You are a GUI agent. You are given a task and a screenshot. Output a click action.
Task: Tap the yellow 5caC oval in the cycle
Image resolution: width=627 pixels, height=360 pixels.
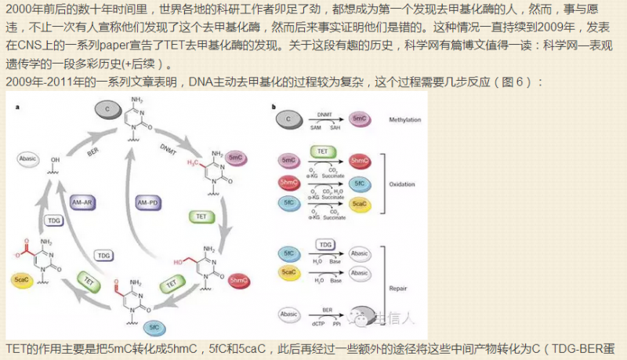[x=22, y=279]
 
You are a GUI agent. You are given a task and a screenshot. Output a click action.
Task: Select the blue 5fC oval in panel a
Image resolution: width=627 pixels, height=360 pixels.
[x=154, y=326]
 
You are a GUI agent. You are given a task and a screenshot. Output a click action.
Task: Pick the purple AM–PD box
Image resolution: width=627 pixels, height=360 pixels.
[x=148, y=202]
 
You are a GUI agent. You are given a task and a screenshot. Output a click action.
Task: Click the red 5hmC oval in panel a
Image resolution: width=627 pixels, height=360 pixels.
[x=239, y=280]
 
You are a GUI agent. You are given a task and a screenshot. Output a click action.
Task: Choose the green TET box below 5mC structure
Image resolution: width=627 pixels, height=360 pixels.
[x=201, y=216]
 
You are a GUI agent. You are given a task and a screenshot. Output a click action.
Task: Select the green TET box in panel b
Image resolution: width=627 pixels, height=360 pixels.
[x=323, y=151]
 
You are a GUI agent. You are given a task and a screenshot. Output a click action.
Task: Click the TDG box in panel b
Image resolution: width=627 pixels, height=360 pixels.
[x=325, y=245]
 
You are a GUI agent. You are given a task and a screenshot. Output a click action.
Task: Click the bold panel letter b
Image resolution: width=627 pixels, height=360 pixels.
[x=273, y=106]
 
